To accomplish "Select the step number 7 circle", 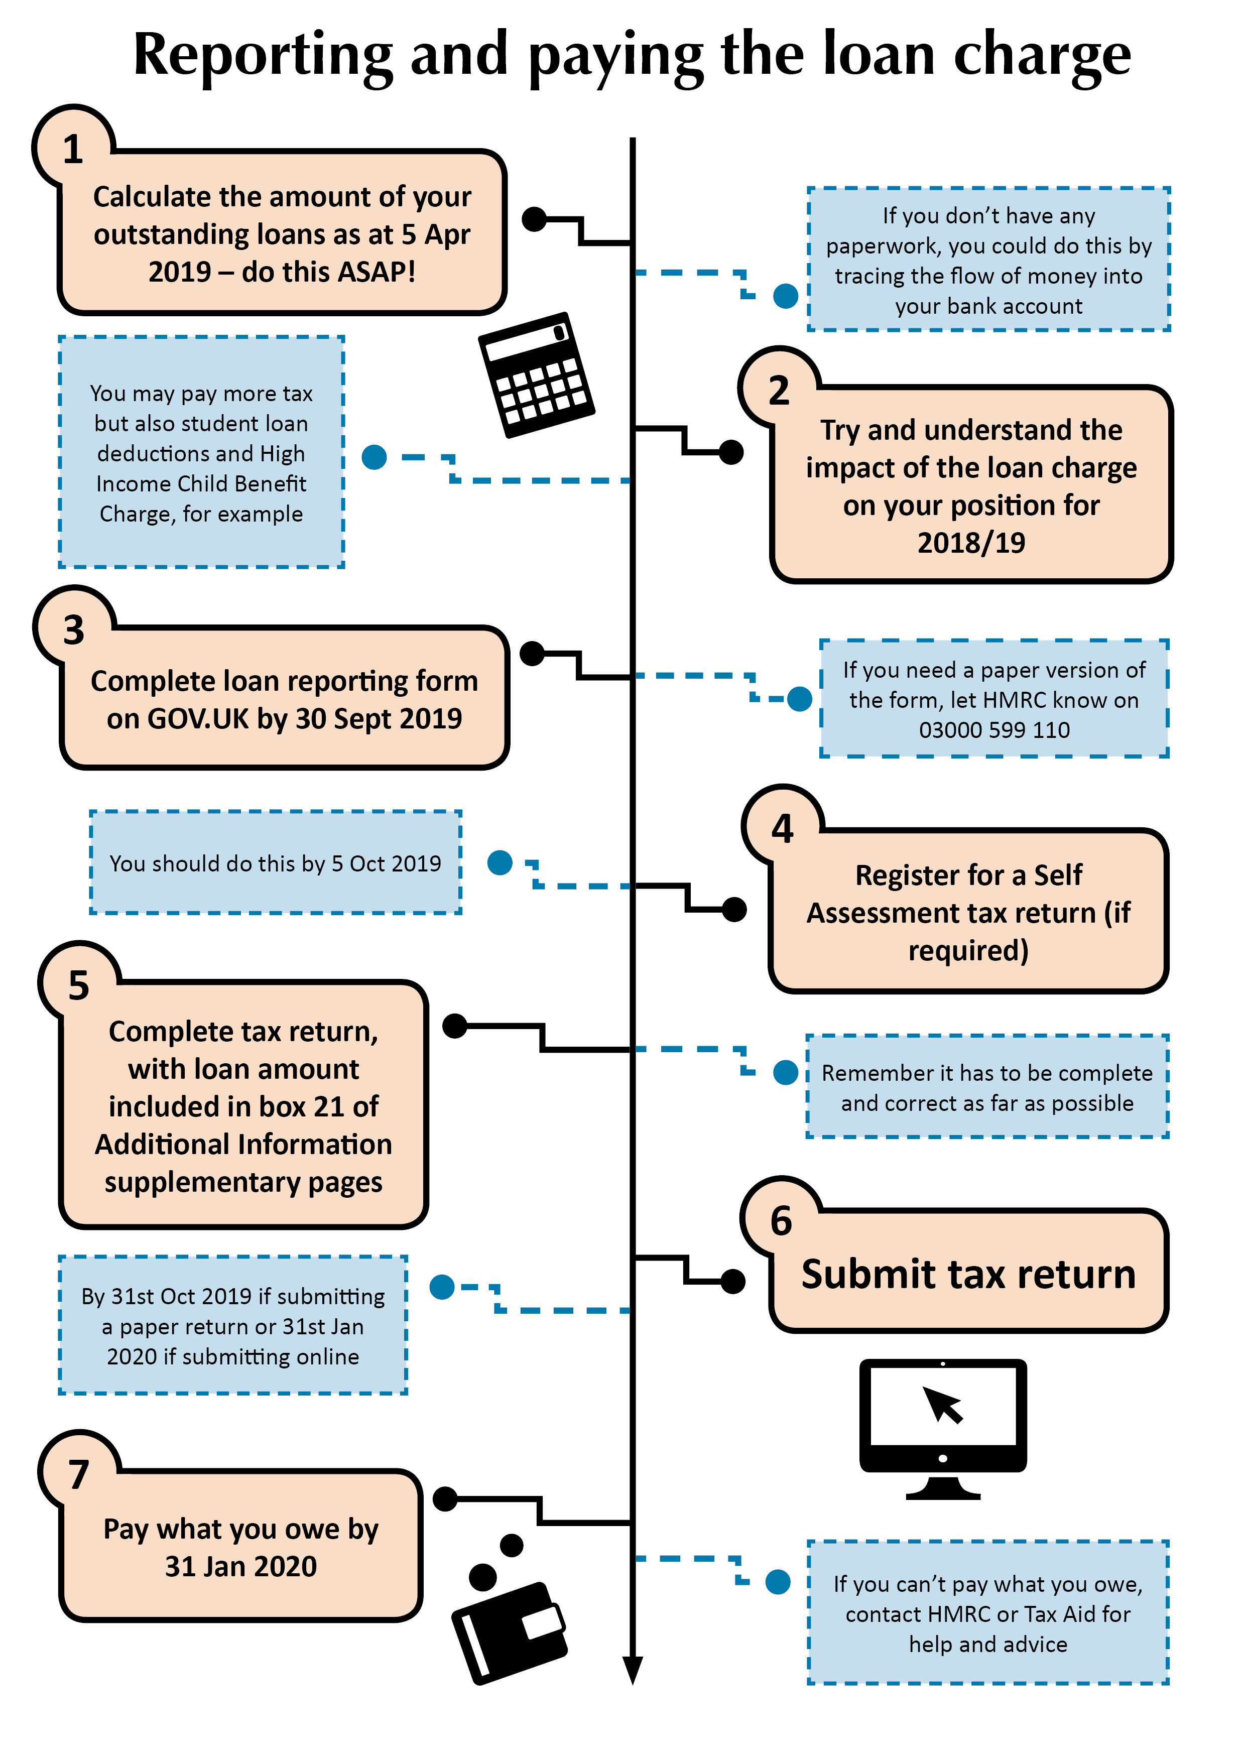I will click(x=78, y=1473).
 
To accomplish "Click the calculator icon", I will click(x=536, y=374).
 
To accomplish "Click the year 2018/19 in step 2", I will click(x=971, y=542).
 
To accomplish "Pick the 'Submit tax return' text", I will click(x=968, y=1275).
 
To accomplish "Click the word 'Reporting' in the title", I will click(x=263, y=55).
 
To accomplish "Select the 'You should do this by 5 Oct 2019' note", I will click(x=276, y=863).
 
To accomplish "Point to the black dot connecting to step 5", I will click(x=455, y=1026).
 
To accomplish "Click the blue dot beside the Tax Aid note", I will click(x=778, y=1581).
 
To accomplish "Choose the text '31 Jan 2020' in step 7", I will click(x=241, y=1566).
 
